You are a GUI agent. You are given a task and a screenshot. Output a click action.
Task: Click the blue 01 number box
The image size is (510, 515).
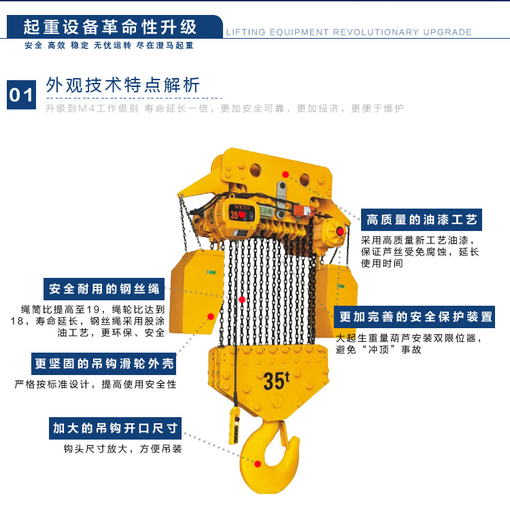pos(21,94)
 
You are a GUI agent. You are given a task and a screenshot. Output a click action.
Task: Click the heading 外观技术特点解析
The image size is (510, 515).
pos(122,85)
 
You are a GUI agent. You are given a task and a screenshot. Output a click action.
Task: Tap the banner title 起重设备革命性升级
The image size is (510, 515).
pos(110,27)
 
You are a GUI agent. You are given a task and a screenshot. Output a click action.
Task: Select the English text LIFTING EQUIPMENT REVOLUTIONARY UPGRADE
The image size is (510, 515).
pos(349,32)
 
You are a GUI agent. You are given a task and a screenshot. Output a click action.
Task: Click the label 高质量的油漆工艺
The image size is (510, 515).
pos(422,219)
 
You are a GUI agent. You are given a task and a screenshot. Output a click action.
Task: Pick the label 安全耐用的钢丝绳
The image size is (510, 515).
pos(104,289)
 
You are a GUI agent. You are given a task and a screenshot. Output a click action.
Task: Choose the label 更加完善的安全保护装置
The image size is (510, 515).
pos(414,317)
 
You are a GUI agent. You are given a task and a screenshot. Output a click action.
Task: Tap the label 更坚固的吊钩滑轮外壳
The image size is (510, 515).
pos(103,363)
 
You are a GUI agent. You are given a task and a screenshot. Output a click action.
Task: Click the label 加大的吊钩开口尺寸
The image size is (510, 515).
pos(115,428)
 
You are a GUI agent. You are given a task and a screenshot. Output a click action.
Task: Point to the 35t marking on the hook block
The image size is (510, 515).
pos(277,380)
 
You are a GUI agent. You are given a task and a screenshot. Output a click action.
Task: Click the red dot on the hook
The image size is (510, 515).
pos(258,464)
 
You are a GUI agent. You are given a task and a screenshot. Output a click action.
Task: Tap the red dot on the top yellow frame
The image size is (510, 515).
pos(286,175)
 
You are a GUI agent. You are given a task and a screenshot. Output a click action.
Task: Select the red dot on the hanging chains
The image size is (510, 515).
pos(242,300)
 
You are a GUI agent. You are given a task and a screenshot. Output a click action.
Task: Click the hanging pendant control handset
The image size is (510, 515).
pos(234,425)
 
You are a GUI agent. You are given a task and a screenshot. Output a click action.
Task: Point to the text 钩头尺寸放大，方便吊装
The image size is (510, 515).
pos(122,448)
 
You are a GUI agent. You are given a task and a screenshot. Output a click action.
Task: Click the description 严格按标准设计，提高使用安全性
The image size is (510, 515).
pos(95,384)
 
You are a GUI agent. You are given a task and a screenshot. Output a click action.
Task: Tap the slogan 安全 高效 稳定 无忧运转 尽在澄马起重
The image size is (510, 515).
pos(109,46)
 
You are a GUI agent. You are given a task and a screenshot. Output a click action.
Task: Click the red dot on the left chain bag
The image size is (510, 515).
pos(211,317)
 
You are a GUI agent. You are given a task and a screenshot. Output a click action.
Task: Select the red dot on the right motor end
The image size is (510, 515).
pos(340,232)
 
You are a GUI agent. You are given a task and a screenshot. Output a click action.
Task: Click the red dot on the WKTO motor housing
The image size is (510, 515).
pos(242,215)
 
